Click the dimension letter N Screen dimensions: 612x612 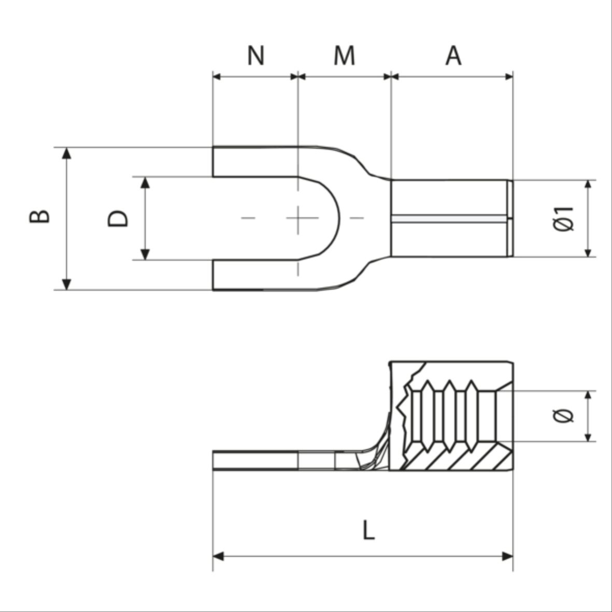[x=255, y=55]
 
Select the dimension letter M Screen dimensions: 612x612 [x=344, y=55]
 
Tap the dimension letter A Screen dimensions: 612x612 [x=453, y=55]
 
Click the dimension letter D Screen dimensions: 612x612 [x=118, y=218]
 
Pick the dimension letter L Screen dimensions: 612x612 [x=368, y=531]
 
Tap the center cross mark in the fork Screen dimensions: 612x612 [x=298, y=218]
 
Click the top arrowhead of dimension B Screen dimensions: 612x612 [x=66, y=153]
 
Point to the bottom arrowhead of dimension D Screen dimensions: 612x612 [x=146, y=254]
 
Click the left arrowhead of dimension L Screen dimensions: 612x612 [x=219, y=557]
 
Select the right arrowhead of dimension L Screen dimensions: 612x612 [x=507, y=557]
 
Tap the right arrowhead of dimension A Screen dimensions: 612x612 [x=508, y=77]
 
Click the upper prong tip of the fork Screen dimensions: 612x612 [x=214, y=162]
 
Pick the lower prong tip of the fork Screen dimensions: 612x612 [x=214, y=275]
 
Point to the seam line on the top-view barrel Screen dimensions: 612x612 [x=448, y=218]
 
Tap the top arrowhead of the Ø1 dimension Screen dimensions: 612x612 [x=588, y=186]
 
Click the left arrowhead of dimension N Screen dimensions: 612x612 [x=218, y=77]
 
